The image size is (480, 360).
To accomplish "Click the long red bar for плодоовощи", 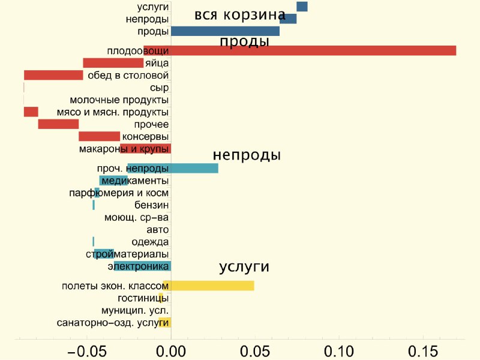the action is click(299, 50).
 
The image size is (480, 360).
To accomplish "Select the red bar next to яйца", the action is click(113, 63).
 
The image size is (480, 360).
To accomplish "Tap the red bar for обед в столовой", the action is click(53, 75).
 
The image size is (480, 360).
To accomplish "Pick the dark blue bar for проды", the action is click(226, 31).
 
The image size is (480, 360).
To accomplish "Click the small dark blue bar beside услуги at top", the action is click(302, 7).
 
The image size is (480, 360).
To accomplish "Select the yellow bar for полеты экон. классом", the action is click(209, 286).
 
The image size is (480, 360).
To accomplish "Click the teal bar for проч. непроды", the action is click(173, 168).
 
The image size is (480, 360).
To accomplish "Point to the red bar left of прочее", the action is click(58, 124).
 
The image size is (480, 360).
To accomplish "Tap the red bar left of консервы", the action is click(99, 136).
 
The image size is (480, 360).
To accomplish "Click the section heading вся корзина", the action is click(241, 14).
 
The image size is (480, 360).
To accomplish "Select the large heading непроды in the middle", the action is click(247, 155).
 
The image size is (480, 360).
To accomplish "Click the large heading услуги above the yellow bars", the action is click(244, 267).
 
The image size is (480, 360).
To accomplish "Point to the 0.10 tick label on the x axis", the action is click(339, 352).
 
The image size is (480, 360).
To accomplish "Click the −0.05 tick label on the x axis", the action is click(86, 352).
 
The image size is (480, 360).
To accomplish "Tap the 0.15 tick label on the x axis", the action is click(423, 352).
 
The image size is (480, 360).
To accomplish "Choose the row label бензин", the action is click(152, 205).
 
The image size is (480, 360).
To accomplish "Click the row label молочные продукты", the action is click(119, 100).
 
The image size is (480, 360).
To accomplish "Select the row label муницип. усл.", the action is click(135, 310).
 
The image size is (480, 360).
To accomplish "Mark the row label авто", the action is click(158, 230).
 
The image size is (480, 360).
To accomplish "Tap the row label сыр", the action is click(159, 88).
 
